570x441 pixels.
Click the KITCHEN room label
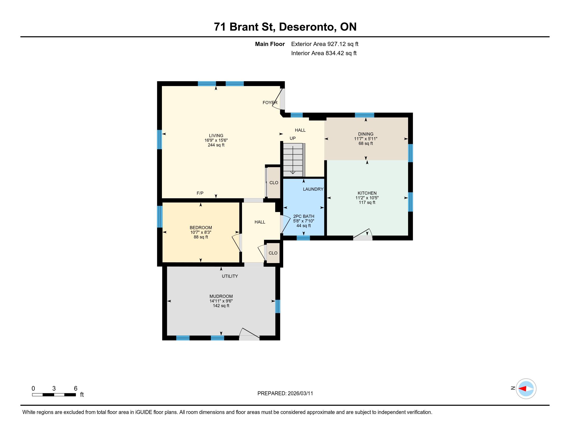[367, 193]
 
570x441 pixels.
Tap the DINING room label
[366, 134]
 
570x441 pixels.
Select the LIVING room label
[216, 136]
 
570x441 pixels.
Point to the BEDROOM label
[201, 228]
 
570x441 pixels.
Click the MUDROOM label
[221, 296]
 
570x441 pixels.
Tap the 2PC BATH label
[304, 216]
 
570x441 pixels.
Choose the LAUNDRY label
[313, 189]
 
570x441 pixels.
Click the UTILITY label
[230, 276]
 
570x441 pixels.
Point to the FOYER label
[270, 103]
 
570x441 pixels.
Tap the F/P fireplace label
[200, 193]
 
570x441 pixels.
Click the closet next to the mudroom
[273, 253]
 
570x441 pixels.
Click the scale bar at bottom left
[54, 395]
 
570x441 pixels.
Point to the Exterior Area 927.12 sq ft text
[325, 44]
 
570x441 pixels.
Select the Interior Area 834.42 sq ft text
[324, 53]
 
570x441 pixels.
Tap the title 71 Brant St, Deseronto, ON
[285, 27]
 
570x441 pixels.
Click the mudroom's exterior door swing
[250, 334]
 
